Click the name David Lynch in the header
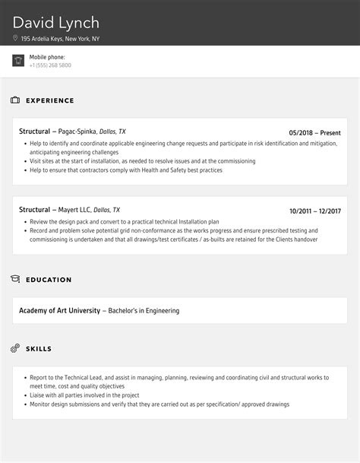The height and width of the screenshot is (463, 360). tap(55, 23)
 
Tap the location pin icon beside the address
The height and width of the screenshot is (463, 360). tap(15, 38)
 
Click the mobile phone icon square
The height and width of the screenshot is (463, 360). tap(18, 61)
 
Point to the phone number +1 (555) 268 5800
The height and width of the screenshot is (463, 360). tap(50, 65)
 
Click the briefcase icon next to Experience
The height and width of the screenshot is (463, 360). tap(15, 100)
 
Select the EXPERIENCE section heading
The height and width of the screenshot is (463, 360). tap(50, 100)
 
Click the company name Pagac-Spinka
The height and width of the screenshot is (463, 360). tap(74, 132)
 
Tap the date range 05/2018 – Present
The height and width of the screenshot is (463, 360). tap(315, 132)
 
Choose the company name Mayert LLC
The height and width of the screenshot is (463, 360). tap(74, 210)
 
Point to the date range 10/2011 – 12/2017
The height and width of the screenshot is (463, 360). tap(315, 211)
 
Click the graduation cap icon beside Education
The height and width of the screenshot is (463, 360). tap(15, 279)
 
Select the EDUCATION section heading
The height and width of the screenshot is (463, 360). tap(49, 280)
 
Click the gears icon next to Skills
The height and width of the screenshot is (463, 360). tap(15, 348)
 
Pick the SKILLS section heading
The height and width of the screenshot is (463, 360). tap(39, 349)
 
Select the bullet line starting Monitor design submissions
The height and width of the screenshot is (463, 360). tap(159, 404)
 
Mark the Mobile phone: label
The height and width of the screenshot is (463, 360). tap(47, 57)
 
